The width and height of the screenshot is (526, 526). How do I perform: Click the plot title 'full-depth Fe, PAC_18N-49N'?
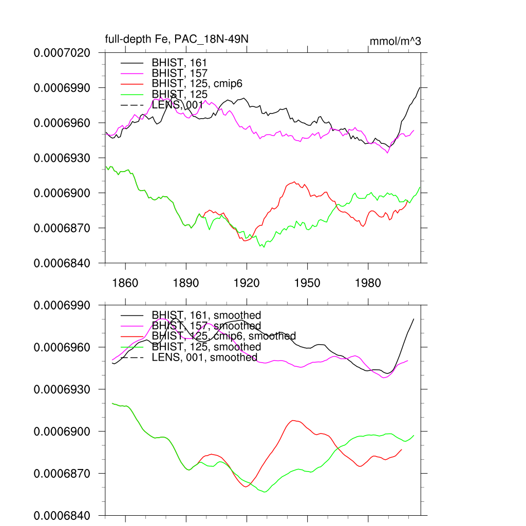(x=177, y=40)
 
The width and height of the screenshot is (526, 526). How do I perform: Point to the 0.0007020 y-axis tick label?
(x=62, y=52)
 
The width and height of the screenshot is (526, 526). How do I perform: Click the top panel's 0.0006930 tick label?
(x=62, y=158)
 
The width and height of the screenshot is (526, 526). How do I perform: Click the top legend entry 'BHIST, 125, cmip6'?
(x=197, y=84)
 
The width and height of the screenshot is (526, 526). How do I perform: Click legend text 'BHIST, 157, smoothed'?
(x=206, y=326)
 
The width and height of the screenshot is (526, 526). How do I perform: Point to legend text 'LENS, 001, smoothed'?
(x=204, y=358)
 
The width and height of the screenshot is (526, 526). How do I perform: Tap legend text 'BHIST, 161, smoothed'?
(x=206, y=315)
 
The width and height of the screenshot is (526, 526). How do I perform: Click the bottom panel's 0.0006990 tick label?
(x=62, y=305)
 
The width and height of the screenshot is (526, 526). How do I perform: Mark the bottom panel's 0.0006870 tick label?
(x=62, y=473)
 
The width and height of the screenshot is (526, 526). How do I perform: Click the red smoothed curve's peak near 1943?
(x=293, y=420)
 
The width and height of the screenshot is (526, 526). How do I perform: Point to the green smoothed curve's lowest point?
(x=266, y=492)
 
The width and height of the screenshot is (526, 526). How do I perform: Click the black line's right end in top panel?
(x=420, y=87)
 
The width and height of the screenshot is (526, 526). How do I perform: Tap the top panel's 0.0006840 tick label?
(x=62, y=263)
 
